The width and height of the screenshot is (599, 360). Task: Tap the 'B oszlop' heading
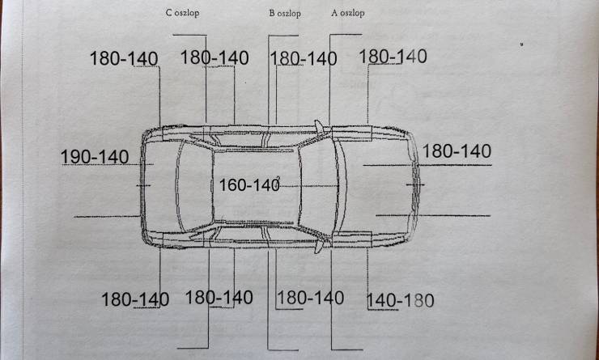284,13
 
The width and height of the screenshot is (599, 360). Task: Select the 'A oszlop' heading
347,13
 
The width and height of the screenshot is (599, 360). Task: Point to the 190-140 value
95,156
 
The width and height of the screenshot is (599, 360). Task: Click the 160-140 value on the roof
249,184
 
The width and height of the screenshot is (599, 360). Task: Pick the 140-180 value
400,301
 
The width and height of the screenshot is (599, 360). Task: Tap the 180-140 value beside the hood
456,151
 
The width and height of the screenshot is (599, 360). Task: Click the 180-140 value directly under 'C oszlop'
215,58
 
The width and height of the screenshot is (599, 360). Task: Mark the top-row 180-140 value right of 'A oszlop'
393,57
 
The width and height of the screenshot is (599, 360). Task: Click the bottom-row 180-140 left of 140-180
310,298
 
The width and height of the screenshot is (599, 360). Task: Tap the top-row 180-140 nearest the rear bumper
124,58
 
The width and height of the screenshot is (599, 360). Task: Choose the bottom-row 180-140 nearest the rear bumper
135,299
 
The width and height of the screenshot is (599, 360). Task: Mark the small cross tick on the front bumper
419,185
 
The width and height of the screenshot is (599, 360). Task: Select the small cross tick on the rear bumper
144,185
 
